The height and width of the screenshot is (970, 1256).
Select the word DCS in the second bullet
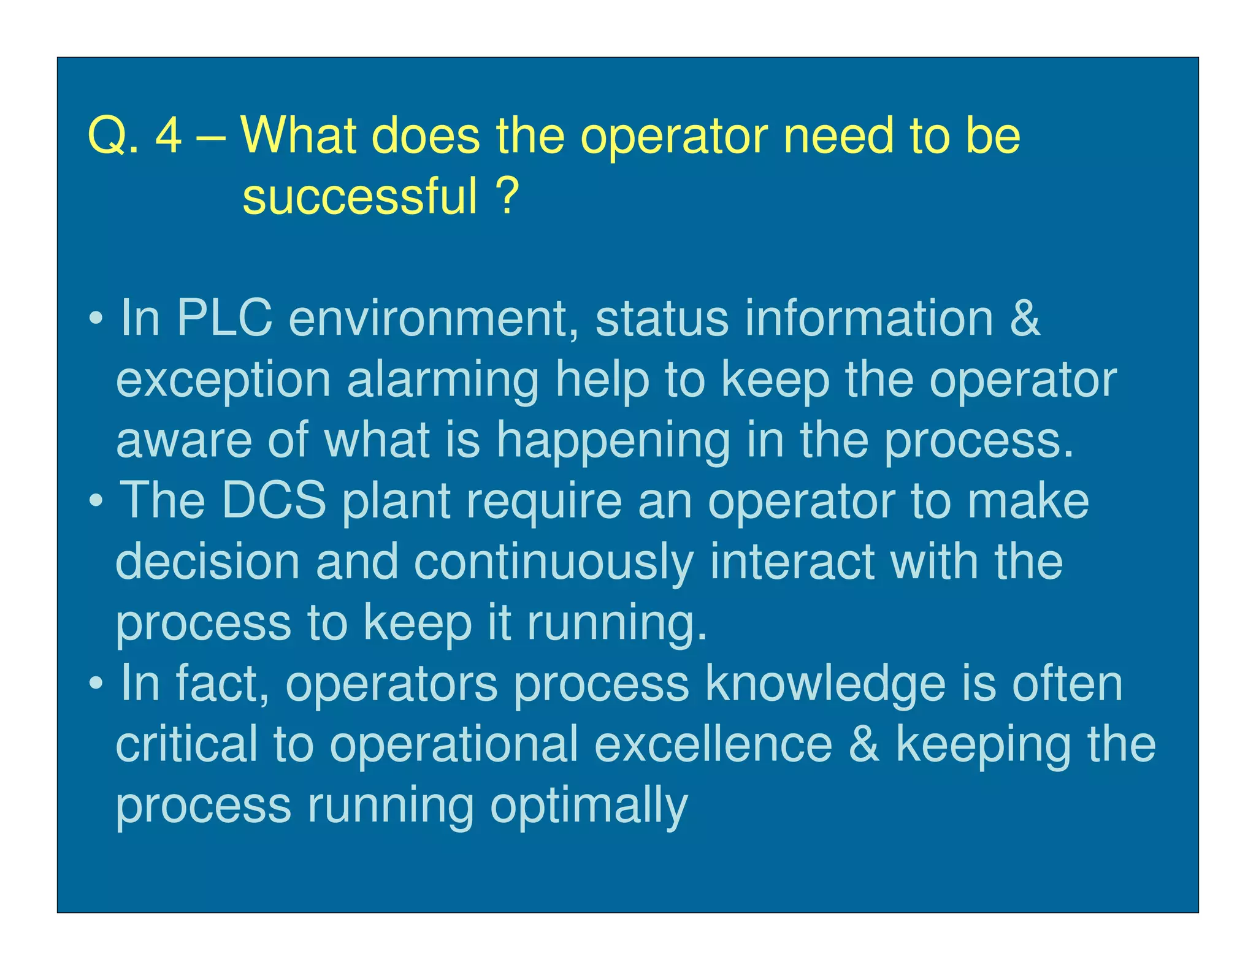tap(274, 500)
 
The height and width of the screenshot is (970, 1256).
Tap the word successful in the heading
tap(359, 196)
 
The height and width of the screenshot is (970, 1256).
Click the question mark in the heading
tap(507, 196)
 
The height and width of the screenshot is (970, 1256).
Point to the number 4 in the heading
tap(169, 136)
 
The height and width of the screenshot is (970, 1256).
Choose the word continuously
tap(554, 563)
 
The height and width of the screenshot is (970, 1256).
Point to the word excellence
tap(713, 744)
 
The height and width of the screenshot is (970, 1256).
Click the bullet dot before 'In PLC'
tap(95, 319)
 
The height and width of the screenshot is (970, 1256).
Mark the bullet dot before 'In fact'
tap(95, 684)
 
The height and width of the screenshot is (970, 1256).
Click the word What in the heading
tap(299, 136)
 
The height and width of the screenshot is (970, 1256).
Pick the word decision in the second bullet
tap(207, 562)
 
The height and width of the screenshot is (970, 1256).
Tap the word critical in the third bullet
tap(186, 744)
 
